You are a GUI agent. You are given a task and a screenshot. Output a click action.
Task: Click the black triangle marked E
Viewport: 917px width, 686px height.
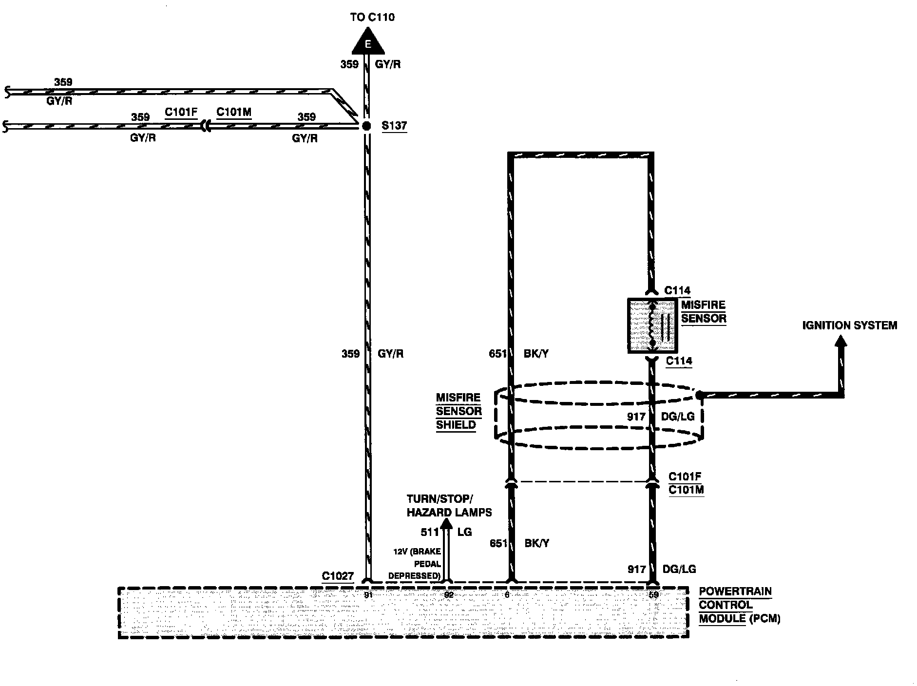click(368, 43)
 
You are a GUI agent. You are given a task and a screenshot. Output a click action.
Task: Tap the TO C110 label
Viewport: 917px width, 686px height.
click(372, 18)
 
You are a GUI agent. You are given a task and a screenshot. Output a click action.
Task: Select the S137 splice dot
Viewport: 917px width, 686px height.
click(367, 126)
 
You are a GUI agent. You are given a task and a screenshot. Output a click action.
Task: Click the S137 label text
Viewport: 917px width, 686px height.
click(394, 126)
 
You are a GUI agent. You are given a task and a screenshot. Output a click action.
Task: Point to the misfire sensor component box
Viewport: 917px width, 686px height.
click(652, 325)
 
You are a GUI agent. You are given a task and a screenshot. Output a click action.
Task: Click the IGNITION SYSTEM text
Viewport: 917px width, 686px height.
click(849, 325)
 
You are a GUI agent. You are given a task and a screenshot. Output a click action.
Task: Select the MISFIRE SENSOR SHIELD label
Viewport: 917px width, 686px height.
click(458, 411)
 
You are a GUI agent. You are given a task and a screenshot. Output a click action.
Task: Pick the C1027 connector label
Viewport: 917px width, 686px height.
click(338, 576)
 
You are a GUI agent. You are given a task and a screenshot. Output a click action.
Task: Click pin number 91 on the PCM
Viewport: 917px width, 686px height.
click(368, 595)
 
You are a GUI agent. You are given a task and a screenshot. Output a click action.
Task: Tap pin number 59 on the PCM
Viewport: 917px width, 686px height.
click(653, 595)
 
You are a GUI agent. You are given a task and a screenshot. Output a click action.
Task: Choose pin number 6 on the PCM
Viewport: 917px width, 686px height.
click(507, 595)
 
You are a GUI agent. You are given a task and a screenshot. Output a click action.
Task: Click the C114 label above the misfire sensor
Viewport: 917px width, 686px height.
click(677, 290)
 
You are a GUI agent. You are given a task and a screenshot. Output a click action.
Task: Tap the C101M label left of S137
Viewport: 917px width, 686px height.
click(234, 112)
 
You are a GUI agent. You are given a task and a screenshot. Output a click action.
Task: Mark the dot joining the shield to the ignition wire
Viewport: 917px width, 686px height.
click(700, 395)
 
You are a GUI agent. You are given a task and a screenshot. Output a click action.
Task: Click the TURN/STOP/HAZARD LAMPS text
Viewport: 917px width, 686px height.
click(449, 506)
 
